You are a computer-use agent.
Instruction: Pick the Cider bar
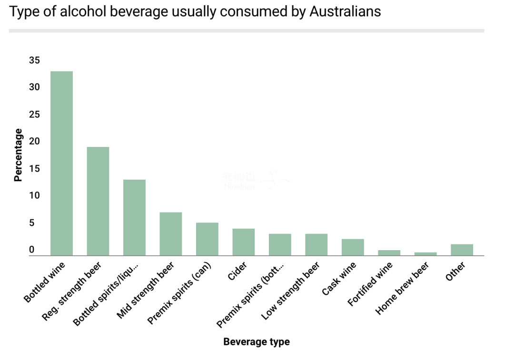243,242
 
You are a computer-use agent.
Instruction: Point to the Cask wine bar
353,247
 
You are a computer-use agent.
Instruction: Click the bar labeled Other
462,250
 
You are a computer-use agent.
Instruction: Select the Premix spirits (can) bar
207,239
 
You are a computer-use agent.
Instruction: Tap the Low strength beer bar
316,244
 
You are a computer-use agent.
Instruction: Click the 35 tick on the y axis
34,60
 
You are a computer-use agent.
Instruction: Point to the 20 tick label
34,141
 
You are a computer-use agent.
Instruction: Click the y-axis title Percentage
18,155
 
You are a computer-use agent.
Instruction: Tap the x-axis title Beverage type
256,341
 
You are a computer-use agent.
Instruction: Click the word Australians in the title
345,11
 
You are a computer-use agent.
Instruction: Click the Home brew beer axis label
403,288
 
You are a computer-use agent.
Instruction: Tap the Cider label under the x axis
237,272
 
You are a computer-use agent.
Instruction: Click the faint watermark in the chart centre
255,181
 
